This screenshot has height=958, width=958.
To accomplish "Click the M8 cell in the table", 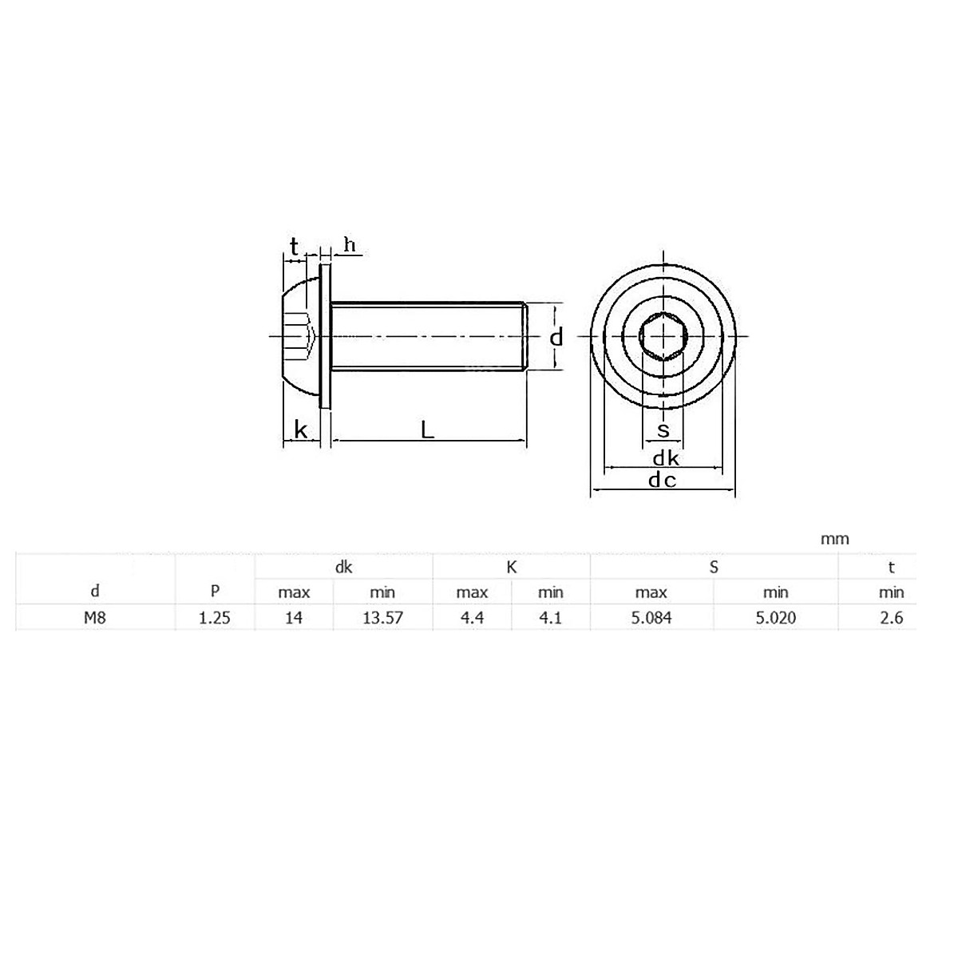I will click(96, 617).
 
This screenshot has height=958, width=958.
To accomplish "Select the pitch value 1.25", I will click(215, 617).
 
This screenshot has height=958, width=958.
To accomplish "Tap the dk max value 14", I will click(294, 617).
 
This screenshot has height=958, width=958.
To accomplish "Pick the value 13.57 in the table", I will click(382, 617).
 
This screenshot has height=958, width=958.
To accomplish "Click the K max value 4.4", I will click(472, 617).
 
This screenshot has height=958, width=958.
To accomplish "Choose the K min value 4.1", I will click(551, 617).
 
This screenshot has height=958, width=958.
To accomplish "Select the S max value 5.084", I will click(651, 617).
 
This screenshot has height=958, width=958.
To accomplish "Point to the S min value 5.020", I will click(775, 617).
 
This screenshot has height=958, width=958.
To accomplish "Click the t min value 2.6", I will click(892, 617).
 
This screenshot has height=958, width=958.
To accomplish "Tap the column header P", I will click(215, 592).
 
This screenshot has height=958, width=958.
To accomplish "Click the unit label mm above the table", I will click(835, 540).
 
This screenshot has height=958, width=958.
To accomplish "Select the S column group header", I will click(714, 568).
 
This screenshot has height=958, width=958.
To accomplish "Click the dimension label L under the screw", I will click(428, 430).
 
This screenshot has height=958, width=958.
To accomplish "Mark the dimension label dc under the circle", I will click(662, 480).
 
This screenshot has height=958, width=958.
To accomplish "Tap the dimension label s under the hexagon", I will click(663, 431).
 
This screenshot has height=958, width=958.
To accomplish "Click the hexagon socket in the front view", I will click(663, 337).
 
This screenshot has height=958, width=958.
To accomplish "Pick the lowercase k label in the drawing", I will click(301, 430).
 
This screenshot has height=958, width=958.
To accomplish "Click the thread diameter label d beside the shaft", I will click(556, 338).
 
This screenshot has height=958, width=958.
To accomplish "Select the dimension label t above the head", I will click(295, 247).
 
